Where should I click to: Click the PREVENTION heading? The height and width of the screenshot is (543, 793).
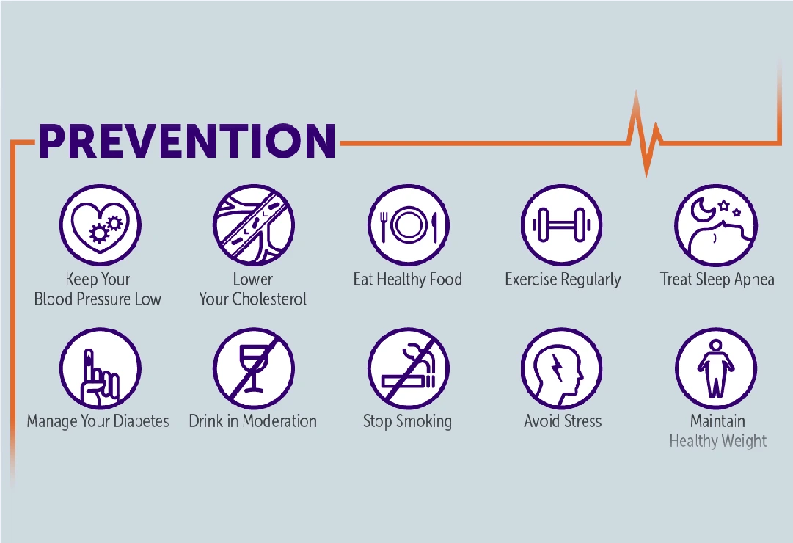pyautogui.click(x=187, y=140)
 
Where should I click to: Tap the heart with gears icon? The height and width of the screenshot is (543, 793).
pyautogui.click(x=100, y=225)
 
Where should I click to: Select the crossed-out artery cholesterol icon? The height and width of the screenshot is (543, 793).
pyautogui.click(x=254, y=225)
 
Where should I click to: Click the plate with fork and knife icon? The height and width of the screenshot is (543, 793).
pyautogui.click(x=408, y=225)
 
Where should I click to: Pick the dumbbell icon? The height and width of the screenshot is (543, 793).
pyautogui.click(x=561, y=225)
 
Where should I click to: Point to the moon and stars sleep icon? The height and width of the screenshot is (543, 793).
pyautogui.click(x=715, y=225)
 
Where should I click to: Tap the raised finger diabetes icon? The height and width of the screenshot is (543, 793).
pyautogui.click(x=100, y=368)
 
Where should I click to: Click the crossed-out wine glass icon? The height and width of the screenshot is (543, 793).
pyautogui.click(x=254, y=368)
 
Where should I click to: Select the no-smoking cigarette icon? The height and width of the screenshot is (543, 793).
pyautogui.click(x=408, y=368)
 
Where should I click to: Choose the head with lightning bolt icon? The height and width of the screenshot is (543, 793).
pyautogui.click(x=561, y=368)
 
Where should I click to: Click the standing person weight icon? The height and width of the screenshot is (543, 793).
pyautogui.click(x=715, y=368)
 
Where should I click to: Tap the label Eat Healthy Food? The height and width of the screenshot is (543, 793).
pyautogui.click(x=408, y=280)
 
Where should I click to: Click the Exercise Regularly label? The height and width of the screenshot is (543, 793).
pyautogui.click(x=563, y=280)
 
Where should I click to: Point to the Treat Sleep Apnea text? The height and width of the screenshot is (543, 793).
pyautogui.click(x=717, y=280)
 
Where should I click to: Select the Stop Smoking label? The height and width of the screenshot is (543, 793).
pyautogui.click(x=407, y=421)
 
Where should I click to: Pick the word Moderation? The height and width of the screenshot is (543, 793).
pyautogui.click(x=279, y=421)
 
